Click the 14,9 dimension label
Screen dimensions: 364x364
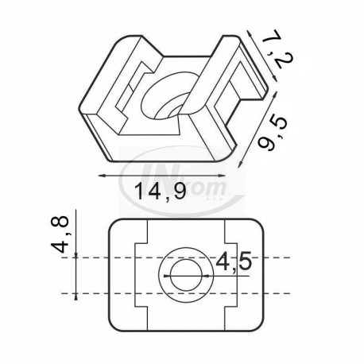click(x=161, y=192)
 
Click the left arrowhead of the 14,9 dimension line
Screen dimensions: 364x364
click(x=102, y=176)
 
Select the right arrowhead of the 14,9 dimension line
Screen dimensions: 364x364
click(x=222, y=176)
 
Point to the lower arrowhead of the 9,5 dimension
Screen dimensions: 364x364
click(x=240, y=164)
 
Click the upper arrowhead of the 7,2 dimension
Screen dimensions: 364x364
click(x=249, y=33)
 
